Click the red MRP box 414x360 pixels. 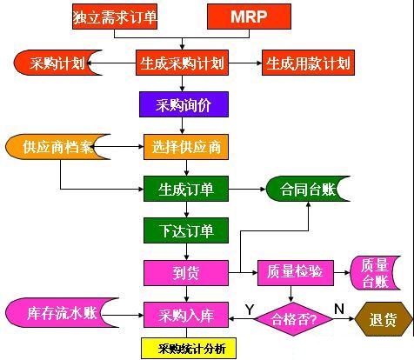point(249,17)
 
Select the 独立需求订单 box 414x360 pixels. point(115,17)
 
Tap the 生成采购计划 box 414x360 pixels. point(182,63)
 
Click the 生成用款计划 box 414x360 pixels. point(308,63)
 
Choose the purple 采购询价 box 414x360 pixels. point(184,104)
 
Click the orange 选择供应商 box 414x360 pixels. point(186,147)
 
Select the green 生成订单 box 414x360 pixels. point(186,189)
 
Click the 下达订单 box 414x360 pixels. point(186,230)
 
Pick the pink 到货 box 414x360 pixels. point(186,273)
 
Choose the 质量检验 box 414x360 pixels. point(296,273)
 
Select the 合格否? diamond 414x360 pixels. point(293,319)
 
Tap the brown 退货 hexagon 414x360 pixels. point(384,319)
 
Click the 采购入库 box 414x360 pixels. point(186,315)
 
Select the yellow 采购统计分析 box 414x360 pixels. point(189,348)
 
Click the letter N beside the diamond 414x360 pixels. point(339,309)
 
